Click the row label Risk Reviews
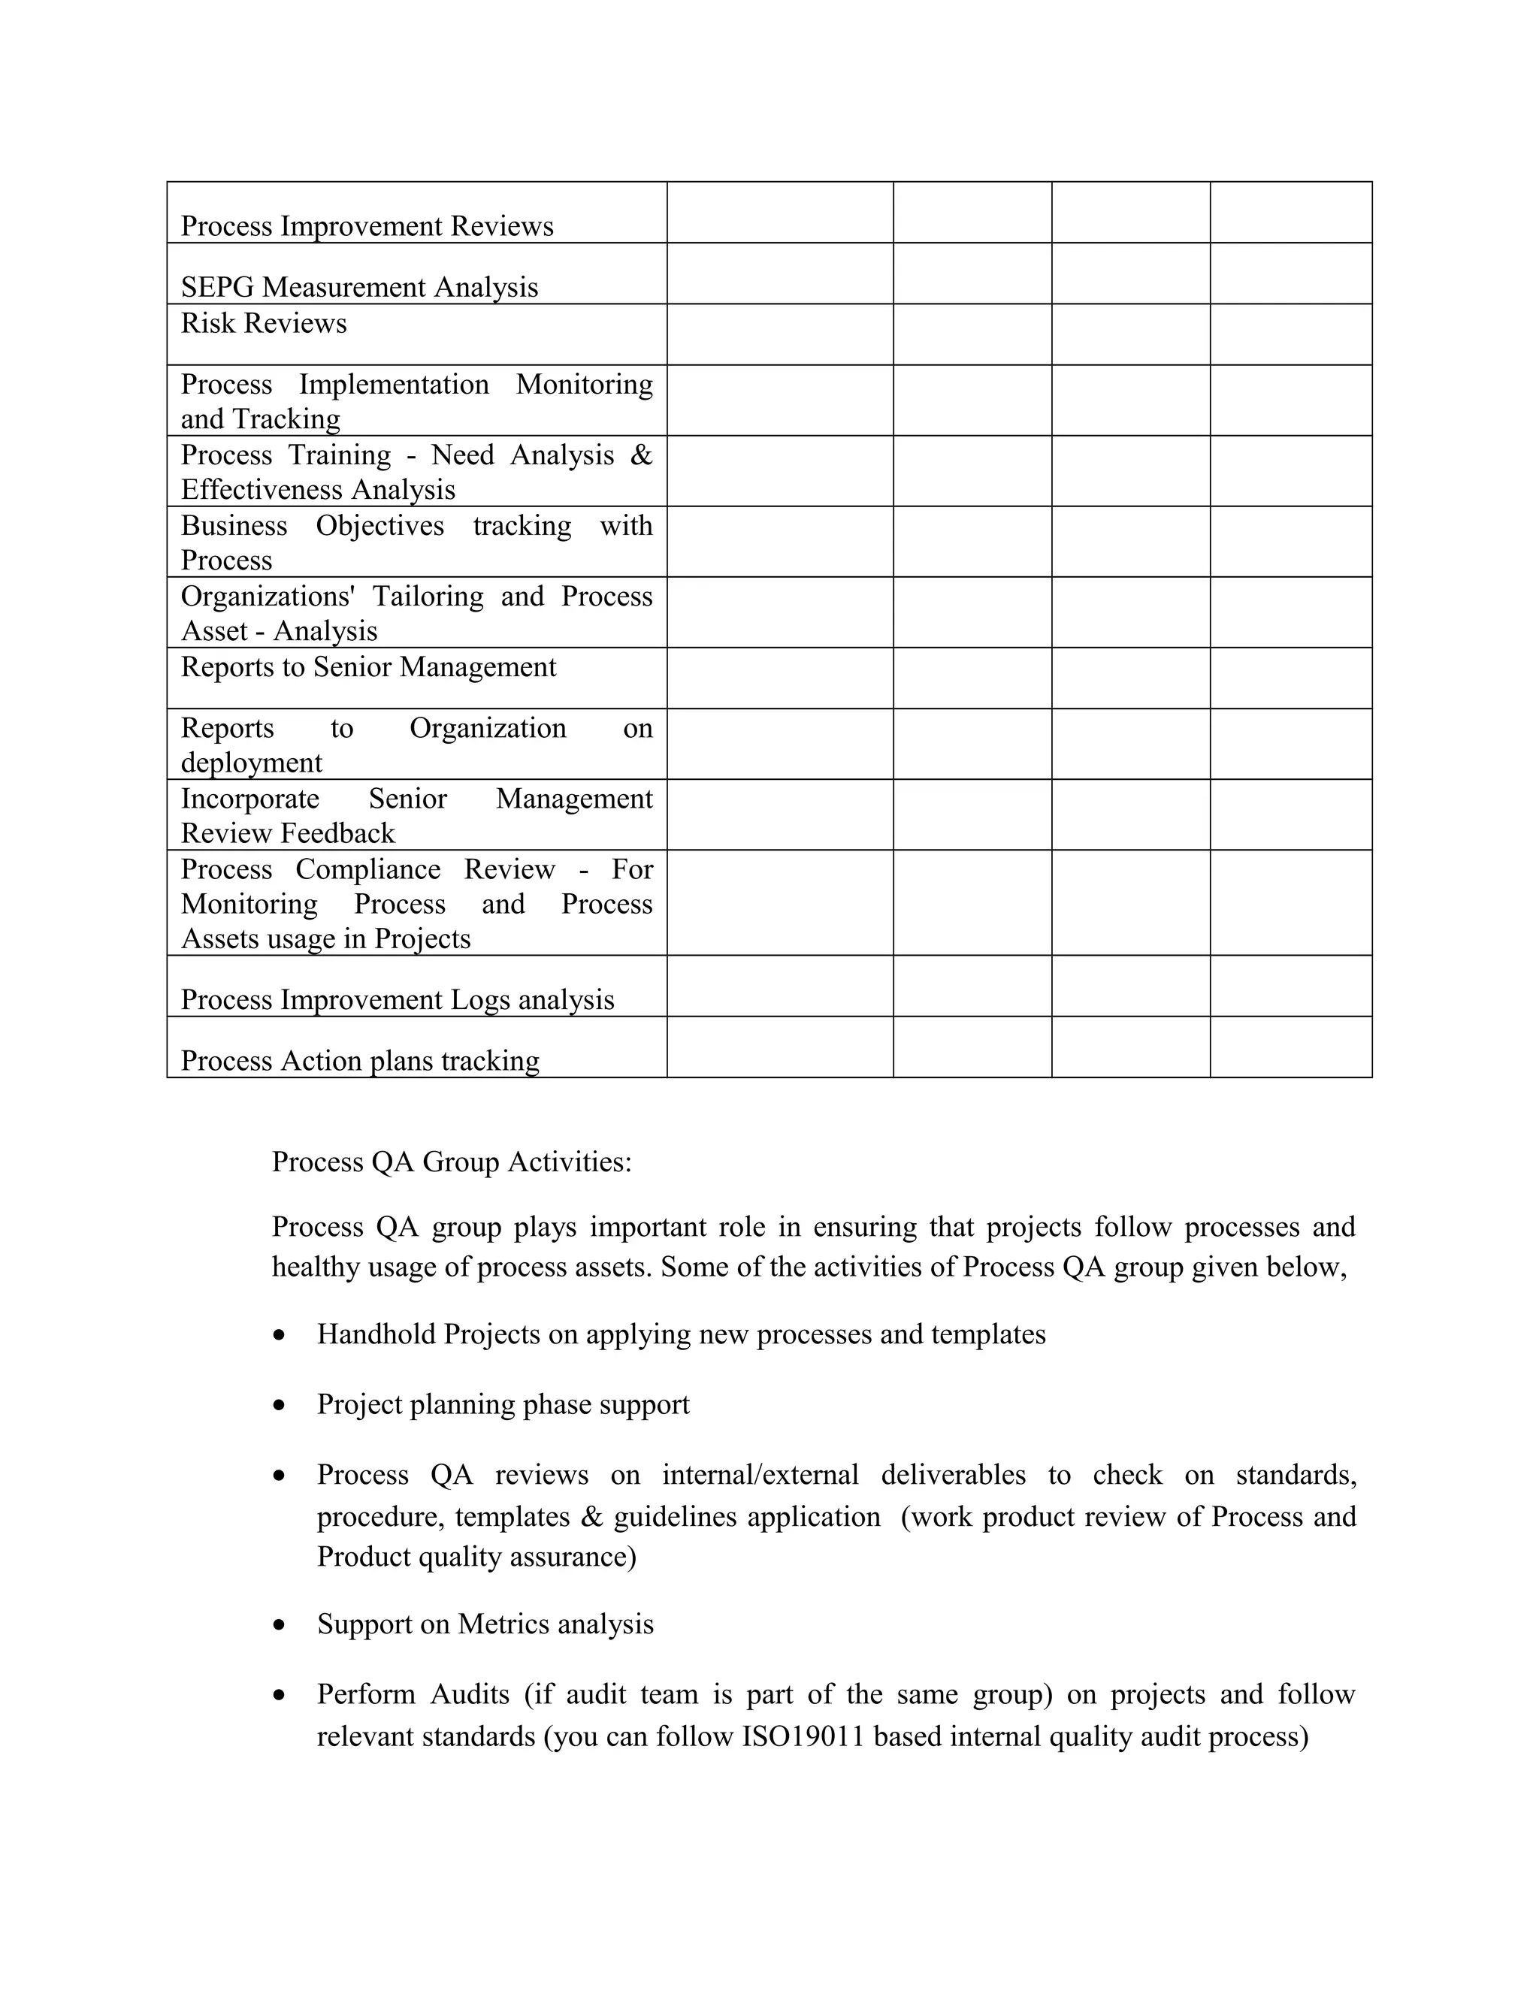(x=264, y=324)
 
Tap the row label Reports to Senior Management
(x=368, y=667)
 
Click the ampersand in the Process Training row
(x=641, y=455)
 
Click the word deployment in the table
(x=252, y=763)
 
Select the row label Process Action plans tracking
(x=360, y=1061)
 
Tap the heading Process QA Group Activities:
(x=452, y=1162)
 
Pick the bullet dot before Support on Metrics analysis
(x=280, y=1625)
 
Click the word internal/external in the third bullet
(x=760, y=1475)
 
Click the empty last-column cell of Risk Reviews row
(x=1290, y=334)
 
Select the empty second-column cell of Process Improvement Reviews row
(x=779, y=213)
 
